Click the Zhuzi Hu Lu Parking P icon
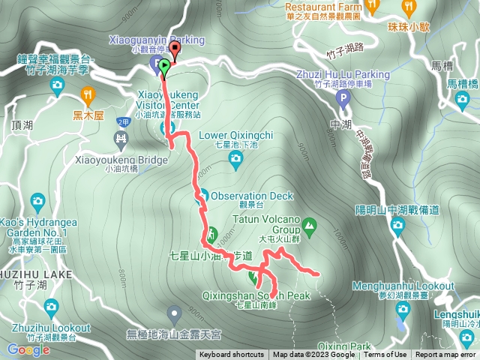point(343,97)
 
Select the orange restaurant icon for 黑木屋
point(88,94)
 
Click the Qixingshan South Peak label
point(272,296)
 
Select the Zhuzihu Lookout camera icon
point(50,306)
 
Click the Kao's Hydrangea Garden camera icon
point(38,201)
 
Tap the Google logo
point(28,349)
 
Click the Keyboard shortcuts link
point(232,355)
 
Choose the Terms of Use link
point(385,355)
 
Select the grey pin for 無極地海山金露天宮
point(175,311)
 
